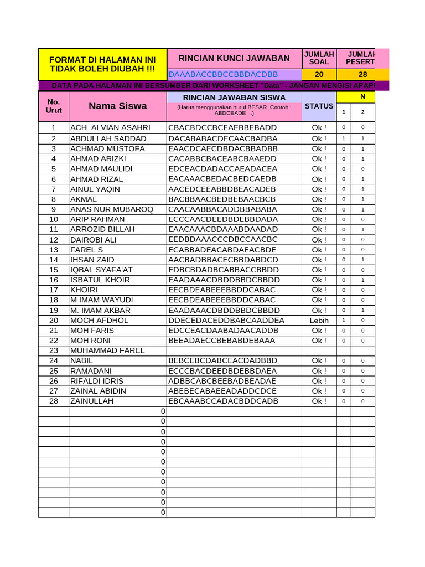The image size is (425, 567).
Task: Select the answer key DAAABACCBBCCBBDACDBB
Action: pos(222,74)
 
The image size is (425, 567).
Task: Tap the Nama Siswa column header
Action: pos(118,106)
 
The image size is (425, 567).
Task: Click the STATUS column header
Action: pos(319,106)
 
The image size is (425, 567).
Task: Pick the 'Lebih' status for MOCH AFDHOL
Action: pos(319,320)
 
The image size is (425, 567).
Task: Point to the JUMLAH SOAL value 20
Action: pos(319,74)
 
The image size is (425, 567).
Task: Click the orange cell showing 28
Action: pos(362,74)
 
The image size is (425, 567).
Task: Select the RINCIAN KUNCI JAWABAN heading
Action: pos(234,58)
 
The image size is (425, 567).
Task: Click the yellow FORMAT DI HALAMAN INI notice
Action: pos(102,64)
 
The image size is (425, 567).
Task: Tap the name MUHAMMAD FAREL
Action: pos(107,350)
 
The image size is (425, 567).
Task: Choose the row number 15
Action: pos(54,270)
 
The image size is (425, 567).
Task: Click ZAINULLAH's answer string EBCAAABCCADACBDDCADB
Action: pos(223,401)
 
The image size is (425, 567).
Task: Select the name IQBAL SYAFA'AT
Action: pos(101,270)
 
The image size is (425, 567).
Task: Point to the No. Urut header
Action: pos(54,106)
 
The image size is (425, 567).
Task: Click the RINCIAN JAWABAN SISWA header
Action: pos(234,97)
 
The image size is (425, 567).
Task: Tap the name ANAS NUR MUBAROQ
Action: pos(111,209)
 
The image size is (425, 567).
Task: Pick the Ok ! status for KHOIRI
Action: pos(319,290)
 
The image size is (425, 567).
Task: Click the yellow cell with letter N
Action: pos(362,97)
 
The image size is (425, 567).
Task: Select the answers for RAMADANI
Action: pos(223,371)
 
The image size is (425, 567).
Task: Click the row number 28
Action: pos(54,401)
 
